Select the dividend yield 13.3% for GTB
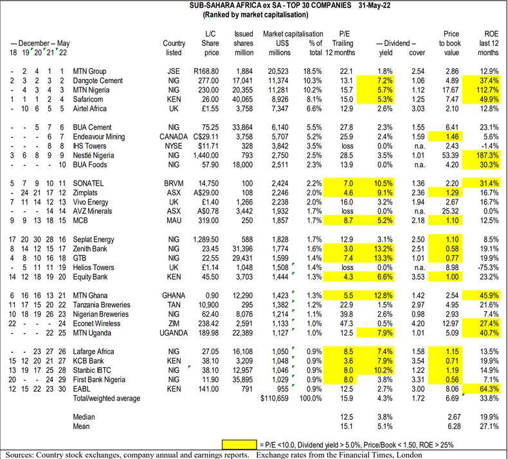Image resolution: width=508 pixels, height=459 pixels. pyautogui.click(x=385, y=258)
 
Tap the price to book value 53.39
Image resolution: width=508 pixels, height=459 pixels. pyautogui.click(x=448, y=156)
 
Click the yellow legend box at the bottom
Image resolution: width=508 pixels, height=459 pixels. pyautogui.click(x=244, y=444)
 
